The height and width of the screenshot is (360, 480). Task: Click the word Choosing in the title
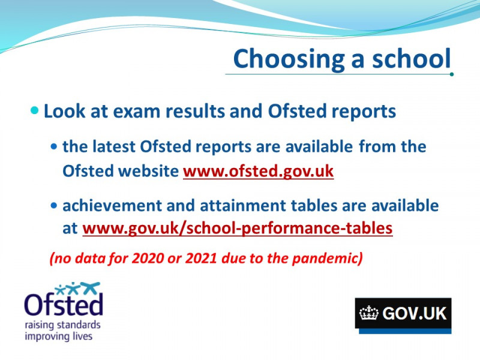click(x=289, y=59)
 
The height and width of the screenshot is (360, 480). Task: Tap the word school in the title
click(x=412, y=58)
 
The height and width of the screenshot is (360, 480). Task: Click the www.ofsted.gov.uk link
click(x=259, y=171)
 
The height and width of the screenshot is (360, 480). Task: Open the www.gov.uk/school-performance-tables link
click(x=238, y=229)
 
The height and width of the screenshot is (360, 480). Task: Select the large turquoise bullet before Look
click(x=35, y=110)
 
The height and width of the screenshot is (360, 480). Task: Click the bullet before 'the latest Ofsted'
click(x=54, y=147)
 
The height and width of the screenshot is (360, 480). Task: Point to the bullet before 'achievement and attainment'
click(x=54, y=205)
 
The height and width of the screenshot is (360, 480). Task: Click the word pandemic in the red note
click(x=325, y=259)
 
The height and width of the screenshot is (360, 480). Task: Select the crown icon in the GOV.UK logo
click(x=369, y=313)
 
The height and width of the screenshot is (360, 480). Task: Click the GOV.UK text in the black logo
click(x=415, y=313)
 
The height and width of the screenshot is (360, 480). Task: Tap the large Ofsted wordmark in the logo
click(x=64, y=304)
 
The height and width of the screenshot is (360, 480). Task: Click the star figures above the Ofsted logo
click(x=78, y=289)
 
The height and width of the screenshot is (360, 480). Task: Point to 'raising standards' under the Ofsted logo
click(x=62, y=325)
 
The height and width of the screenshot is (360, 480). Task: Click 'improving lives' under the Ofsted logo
click(x=58, y=336)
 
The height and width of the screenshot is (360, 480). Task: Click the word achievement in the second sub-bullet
click(x=112, y=205)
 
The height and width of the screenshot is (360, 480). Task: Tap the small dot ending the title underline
click(x=452, y=74)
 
